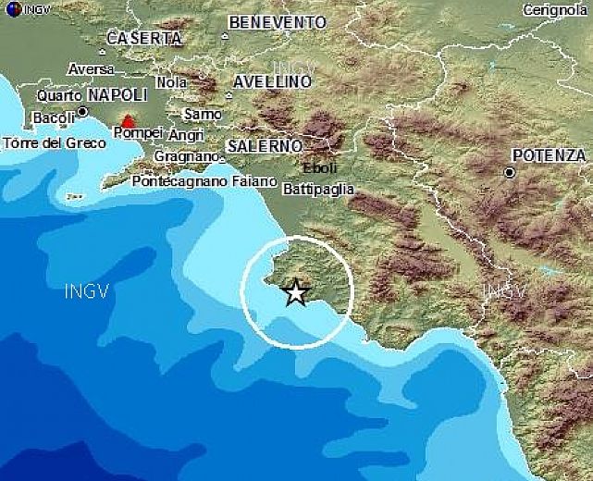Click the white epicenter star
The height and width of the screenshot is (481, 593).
tap(295, 292)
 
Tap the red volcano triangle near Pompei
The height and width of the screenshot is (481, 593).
tap(128, 121)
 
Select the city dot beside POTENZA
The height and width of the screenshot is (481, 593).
tap(509, 172)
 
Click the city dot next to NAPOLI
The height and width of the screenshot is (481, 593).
tap(82, 111)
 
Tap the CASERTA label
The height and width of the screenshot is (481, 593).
tap(143, 38)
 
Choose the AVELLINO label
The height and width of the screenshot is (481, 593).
tap(271, 81)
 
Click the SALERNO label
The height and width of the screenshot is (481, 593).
tap(265, 146)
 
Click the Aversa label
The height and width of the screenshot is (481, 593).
tap(91, 69)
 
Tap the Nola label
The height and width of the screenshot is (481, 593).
tap(171, 81)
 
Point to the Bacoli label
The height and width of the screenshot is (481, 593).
tap(53, 117)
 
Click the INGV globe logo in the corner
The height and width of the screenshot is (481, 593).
tap(8, 8)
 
